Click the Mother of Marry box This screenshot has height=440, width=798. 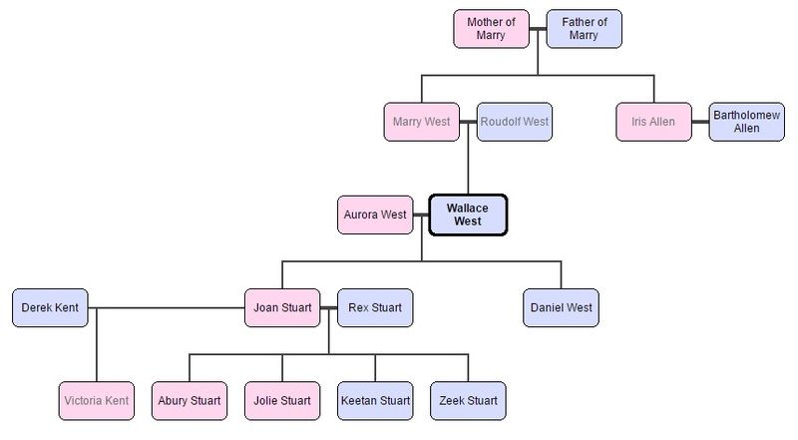(490, 28)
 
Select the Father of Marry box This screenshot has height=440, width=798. (585, 28)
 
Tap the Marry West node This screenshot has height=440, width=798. (421, 122)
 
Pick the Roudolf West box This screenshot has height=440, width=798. (515, 122)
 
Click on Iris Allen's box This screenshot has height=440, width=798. (653, 122)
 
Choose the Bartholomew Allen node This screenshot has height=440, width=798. (746, 122)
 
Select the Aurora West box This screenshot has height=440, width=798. (375, 215)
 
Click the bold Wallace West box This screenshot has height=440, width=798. (468, 215)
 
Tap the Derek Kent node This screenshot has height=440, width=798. (50, 307)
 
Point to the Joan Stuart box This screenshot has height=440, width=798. (282, 307)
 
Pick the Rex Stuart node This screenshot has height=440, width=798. (375, 307)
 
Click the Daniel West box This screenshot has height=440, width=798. (561, 307)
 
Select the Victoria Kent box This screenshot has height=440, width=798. (96, 400)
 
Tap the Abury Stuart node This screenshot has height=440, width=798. (190, 400)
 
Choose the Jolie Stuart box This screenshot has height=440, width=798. (282, 400)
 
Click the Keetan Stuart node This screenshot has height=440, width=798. (375, 400)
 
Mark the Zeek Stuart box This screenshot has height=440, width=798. (468, 400)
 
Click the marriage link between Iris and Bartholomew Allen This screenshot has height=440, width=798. (700, 122)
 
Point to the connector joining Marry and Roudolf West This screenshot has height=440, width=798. (468, 122)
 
